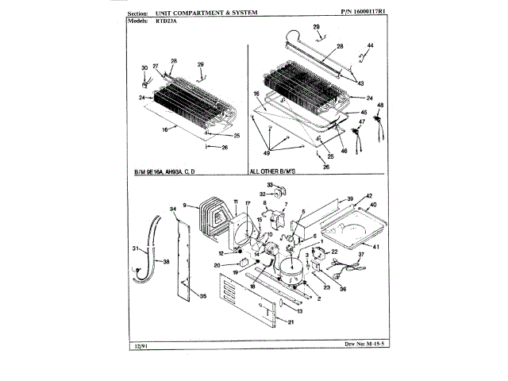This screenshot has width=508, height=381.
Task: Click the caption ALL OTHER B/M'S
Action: click(279, 171)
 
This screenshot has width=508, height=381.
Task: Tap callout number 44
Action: click(370, 47)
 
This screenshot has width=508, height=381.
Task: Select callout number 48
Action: click(379, 106)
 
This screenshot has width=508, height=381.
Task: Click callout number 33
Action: click(269, 184)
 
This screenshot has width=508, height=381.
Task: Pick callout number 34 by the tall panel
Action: click(172, 209)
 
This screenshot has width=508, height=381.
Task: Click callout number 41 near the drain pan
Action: click(377, 247)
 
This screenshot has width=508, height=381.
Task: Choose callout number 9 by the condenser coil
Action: click(184, 204)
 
